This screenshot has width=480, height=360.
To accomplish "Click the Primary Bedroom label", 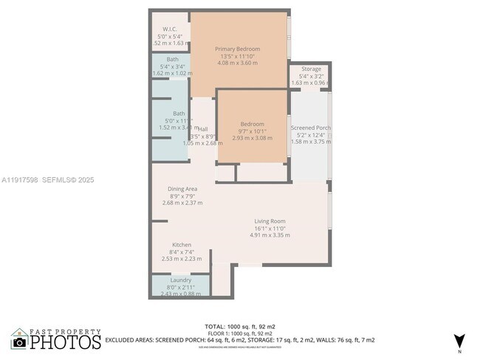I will tap(238, 49).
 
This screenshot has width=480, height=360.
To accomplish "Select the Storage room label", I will tap(311, 69).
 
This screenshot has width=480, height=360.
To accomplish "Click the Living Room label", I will tap(270, 221).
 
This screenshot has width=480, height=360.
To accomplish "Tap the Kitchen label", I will tap(182, 245).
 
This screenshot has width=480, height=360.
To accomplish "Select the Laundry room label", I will tap(181, 280).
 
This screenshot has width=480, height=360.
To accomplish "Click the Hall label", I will tap(202, 129).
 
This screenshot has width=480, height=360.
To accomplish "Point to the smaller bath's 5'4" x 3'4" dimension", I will tap(172, 66).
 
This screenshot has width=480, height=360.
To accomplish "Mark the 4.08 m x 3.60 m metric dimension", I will tap(238, 63).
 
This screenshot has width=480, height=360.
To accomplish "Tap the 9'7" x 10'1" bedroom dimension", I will tap(253, 131).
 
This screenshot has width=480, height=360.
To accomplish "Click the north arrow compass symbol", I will tap(460, 340).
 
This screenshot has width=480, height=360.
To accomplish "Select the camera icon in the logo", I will tap(20, 342).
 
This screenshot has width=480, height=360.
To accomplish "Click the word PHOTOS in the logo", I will tap(66, 342).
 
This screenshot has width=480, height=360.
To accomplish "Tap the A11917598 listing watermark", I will tap(20, 179).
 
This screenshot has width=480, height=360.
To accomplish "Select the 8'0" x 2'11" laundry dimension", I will tap(181, 288).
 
